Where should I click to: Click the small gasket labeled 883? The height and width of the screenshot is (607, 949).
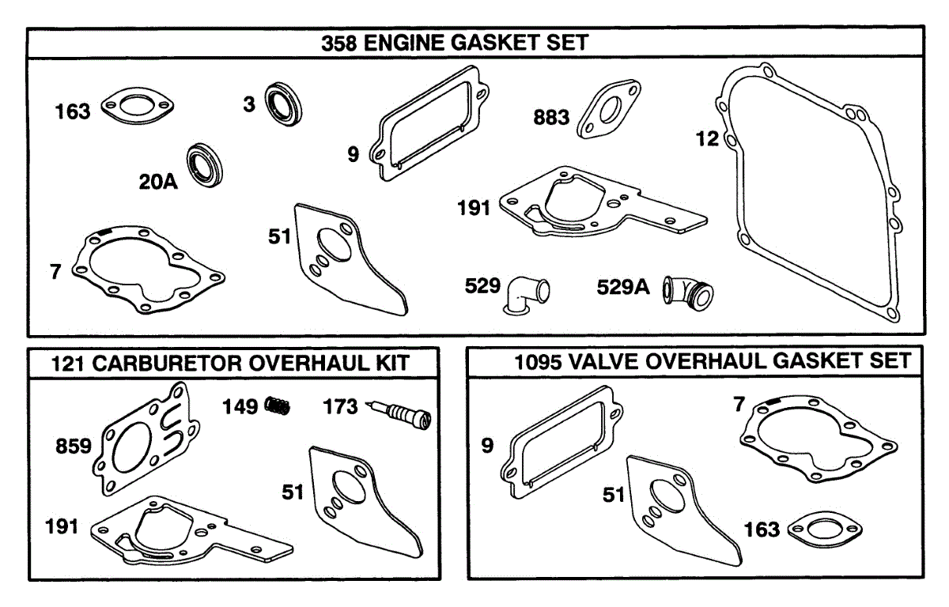tap(609, 115)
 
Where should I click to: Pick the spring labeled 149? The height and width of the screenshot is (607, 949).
tap(277, 406)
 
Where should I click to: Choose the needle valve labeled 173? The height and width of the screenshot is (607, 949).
tap(402, 413)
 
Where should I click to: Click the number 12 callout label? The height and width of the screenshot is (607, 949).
tap(708, 139)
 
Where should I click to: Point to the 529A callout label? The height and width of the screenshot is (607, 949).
tap(623, 288)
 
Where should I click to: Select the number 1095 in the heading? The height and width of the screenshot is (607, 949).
tap(538, 362)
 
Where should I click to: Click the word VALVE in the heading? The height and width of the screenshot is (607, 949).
tap(597, 362)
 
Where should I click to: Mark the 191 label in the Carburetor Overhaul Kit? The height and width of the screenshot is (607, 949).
tap(62, 526)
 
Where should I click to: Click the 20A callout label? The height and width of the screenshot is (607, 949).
tap(158, 183)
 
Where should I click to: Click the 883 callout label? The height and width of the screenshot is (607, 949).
tap(552, 118)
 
